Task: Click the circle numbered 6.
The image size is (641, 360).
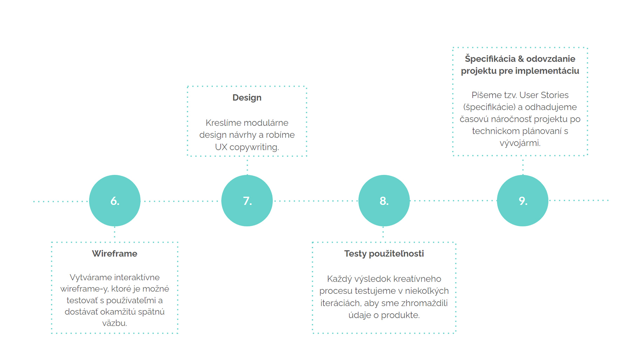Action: pyautogui.click(x=115, y=201)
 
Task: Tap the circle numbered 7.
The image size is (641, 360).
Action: pyautogui.click(x=247, y=201)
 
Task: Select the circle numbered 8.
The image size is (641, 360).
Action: pyautogui.click(x=384, y=201)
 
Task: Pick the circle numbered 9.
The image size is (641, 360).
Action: pyautogui.click(x=523, y=201)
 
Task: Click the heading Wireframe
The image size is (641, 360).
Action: pyautogui.click(x=115, y=254)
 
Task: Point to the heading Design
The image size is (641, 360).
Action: pyautogui.click(x=247, y=98)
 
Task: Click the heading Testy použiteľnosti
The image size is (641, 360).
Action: pyautogui.click(x=384, y=254)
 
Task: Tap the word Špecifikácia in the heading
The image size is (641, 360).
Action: pyautogui.click(x=490, y=59)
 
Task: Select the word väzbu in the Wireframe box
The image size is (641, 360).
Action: pyautogui.click(x=115, y=323)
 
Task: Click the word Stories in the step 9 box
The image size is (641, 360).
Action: pyautogui.click(x=554, y=95)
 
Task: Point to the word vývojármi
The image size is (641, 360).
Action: pyautogui.click(x=520, y=143)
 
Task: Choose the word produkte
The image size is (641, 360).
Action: pyautogui.click(x=400, y=315)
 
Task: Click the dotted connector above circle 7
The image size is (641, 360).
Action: pyautogui.click(x=247, y=166)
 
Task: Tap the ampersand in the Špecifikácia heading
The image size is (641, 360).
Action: pyautogui.click(x=520, y=59)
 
